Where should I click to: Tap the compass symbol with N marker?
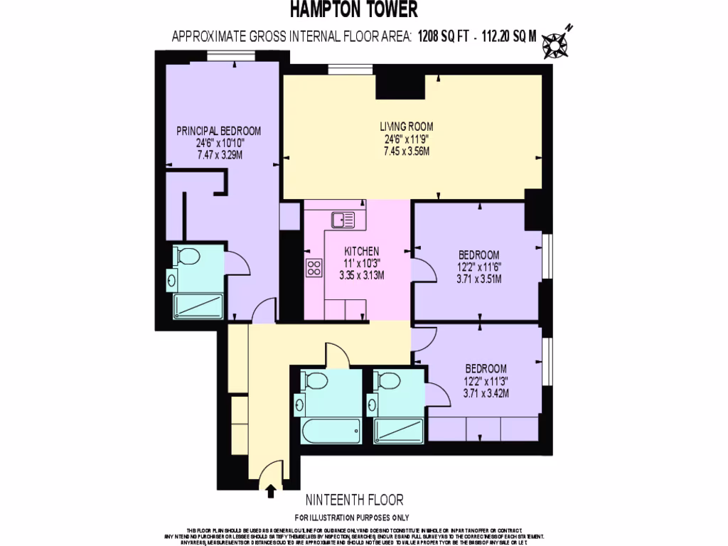[x=555, y=43]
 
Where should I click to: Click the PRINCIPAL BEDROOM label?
[x=218, y=131]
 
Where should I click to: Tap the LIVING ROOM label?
[x=406, y=126]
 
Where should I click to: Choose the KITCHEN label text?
[x=361, y=252]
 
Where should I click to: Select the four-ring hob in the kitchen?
[x=314, y=267]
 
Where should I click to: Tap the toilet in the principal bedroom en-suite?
[x=188, y=257]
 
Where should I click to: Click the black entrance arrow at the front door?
[x=270, y=490]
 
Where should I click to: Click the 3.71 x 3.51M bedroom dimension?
[x=478, y=279]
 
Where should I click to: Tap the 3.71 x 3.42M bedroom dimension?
[x=486, y=392]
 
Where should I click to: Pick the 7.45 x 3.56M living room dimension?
[x=406, y=151]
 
